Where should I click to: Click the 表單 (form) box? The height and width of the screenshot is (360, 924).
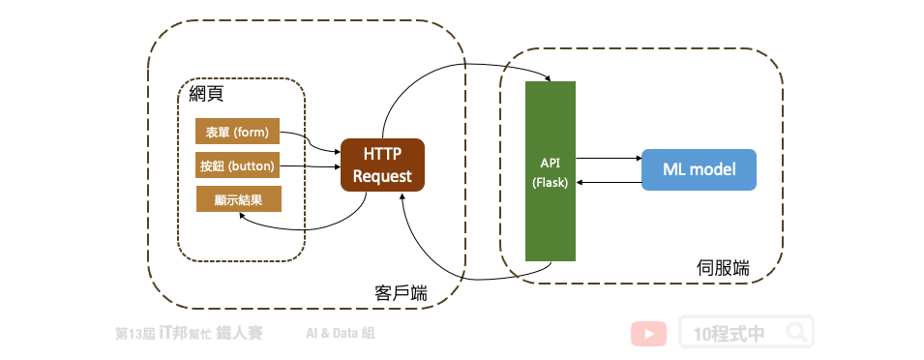coord(237,132)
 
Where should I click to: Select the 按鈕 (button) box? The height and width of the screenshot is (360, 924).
coord(237,165)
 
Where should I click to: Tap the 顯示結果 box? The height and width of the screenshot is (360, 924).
coord(239,199)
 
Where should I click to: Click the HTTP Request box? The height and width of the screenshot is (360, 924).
coord(382,165)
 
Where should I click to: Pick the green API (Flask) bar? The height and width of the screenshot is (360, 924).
coord(551,171)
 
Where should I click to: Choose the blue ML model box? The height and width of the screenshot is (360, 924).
coord(699,169)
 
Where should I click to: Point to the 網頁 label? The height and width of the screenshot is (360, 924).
coord(206,94)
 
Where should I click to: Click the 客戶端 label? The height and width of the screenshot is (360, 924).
coord(402,293)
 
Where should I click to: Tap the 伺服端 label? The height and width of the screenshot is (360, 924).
coord(723,268)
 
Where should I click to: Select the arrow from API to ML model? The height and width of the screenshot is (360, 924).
coord(609,158)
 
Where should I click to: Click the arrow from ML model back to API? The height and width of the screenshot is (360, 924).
coord(609,183)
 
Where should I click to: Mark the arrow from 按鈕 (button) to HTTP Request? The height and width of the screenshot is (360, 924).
coord(310,166)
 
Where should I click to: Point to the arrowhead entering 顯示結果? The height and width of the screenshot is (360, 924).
coord(243,216)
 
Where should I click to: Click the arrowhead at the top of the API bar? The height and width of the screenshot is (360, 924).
coord(548,78)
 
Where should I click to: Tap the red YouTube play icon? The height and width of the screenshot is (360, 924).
coord(649,334)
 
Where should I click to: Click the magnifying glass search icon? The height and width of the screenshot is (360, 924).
coord(796,332)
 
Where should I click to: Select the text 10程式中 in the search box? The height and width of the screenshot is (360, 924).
coord(730,334)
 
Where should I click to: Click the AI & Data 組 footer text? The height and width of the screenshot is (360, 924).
coord(340,334)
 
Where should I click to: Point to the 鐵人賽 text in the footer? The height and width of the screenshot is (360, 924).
coord(239,333)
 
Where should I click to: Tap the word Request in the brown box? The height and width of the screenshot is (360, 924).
coord(382,176)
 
